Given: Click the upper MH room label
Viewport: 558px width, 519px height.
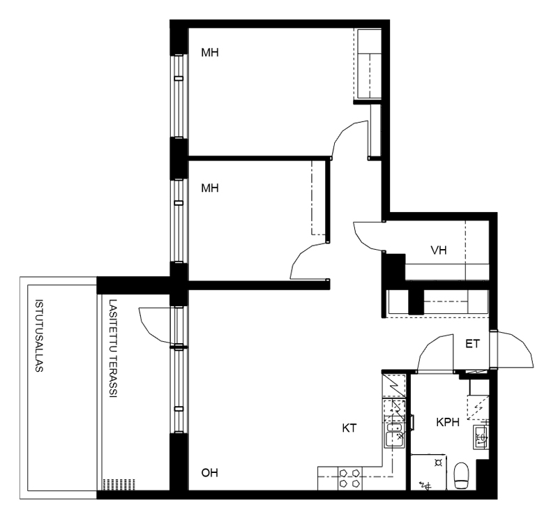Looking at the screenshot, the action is pos(210,53).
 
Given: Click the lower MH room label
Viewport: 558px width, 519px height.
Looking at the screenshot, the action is pos(210,188).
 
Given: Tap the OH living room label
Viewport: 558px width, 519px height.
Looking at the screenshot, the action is pos(210,473).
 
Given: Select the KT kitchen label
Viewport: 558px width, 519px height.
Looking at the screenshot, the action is pos(349,428).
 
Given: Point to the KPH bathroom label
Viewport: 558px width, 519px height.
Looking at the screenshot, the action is pos(448,422).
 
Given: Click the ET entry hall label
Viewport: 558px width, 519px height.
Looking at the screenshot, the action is pos(473,344).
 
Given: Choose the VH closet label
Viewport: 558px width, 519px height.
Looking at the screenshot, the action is pos(439,250).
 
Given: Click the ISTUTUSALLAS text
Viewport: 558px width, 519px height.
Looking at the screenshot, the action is pos(39,336).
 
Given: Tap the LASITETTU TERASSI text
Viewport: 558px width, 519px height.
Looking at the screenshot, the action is pos(113,348).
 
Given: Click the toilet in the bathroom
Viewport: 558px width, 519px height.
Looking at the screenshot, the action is pos(462,476).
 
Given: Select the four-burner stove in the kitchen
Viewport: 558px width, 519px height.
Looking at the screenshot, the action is pos(349,478).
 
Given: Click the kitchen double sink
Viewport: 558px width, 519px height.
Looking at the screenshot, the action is pos(394,435).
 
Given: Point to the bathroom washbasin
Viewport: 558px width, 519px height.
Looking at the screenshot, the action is pos(481,437).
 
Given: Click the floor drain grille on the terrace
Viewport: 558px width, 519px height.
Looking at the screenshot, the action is pos(119,484).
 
